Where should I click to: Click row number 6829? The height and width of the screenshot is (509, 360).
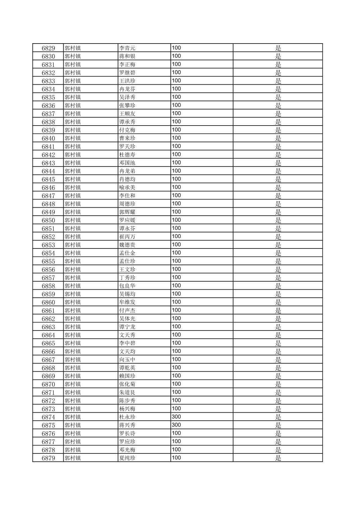pos(48,48)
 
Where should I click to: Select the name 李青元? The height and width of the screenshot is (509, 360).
pos(127,48)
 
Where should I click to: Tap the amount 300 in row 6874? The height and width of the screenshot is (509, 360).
pos(176,417)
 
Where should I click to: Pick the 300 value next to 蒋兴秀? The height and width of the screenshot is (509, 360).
pos(176,425)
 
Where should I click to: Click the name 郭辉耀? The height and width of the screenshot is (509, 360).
pos(127,212)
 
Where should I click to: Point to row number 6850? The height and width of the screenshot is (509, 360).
pos(48,220)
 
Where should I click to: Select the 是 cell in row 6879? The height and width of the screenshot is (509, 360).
pos(278,458)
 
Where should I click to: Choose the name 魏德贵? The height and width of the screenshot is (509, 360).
pos(127,245)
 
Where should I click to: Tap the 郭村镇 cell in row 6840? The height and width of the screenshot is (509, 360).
pos(73,138)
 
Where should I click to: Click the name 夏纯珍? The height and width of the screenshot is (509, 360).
pos(127,458)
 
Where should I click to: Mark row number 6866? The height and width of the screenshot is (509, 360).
pos(48,352)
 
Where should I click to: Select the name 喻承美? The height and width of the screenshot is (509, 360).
pos(127,188)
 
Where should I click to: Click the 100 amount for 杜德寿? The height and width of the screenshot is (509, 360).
pos(176,154)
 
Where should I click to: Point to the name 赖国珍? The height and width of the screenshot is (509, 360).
pos(127,376)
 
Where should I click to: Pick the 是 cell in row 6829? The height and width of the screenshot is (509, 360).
pos(278,48)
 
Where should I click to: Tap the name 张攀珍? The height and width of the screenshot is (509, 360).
pos(127,105)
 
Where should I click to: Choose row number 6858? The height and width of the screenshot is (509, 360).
pos(48,286)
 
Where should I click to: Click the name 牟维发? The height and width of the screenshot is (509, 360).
pos(127,302)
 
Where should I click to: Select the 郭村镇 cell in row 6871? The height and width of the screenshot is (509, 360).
pos(73,392)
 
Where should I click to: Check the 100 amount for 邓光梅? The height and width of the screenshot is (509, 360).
pos(176,450)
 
